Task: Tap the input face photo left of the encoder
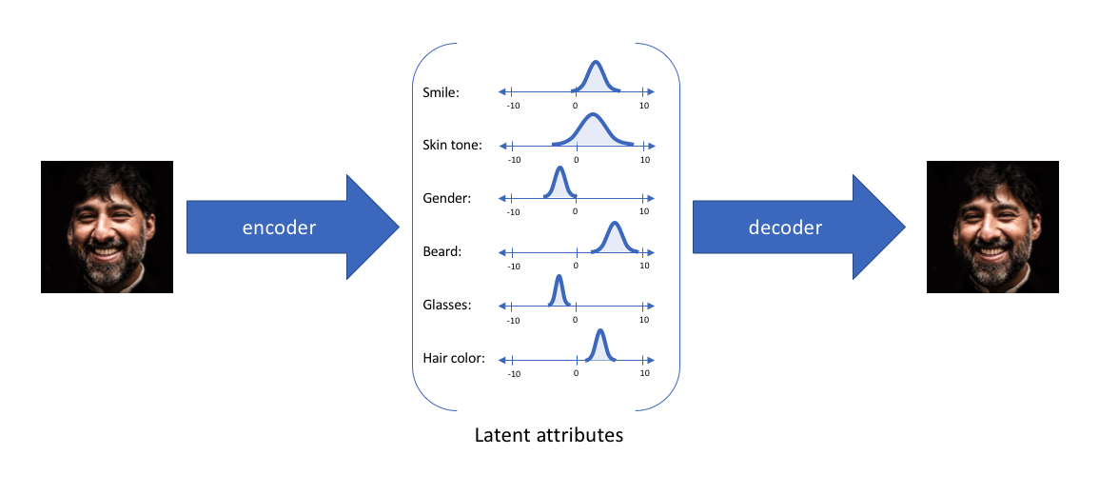pyautogui.click(x=107, y=227)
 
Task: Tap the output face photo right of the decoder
pyautogui.click(x=992, y=227)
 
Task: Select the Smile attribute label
pyautogui.click(x=441, y=93)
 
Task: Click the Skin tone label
pyautogui.click(x=452, y=146)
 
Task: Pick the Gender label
pyautogui.click(x=446, y=199)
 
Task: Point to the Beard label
pyautogui.click(x=442, y=252)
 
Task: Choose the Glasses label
pyautogui.click(x=447, y=306)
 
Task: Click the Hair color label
pyautogui.click(x=454, y=359)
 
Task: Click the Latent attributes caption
pyautogui.click(x=549, y=436)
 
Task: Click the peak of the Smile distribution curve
pyautogui.click(x=596, y=63)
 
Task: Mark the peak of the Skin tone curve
pyautogui.click(x=593, y=115)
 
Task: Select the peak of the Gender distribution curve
pyautogui.click(x=559, y=168)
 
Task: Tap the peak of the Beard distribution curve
pyautogui.click(x=614, y=223)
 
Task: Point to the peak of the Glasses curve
pyautogui.click(x=559, y=277)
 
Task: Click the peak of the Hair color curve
pyautogui.click(x=599, y=330)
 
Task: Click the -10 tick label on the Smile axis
pyautogui.click(x=514, y=106)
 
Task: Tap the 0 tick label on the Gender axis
pyautogui.click(x=575, y=212)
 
